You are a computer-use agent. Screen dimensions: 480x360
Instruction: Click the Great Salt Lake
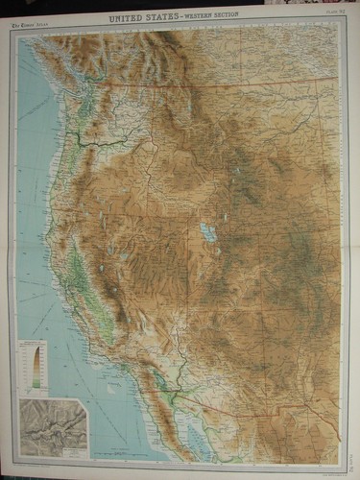point(206,231)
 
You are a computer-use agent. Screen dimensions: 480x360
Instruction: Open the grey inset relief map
point(54,423)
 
